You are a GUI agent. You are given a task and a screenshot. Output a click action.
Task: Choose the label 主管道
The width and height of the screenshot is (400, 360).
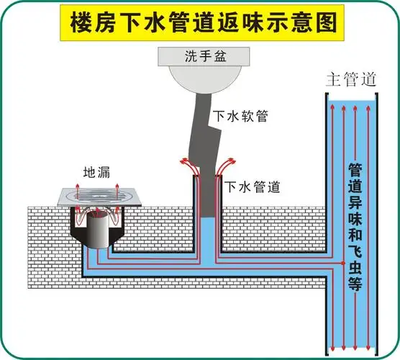pyautogui.click(x=350, y=78)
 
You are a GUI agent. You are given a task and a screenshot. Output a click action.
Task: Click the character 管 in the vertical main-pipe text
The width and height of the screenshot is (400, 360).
pyautogui.click(x=355, y=171)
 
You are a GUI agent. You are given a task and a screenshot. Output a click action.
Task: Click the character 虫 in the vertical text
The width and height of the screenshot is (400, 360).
pyautogui.click(x=355, y=266)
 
